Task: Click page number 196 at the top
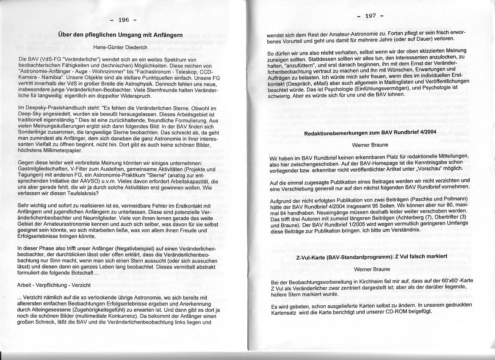tap(123, 20)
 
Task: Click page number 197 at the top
tap(371, 16)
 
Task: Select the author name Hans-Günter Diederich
tap(121, 47)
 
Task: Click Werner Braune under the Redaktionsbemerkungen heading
tap(371, 145)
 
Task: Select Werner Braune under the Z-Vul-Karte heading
tap(371, 269)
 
